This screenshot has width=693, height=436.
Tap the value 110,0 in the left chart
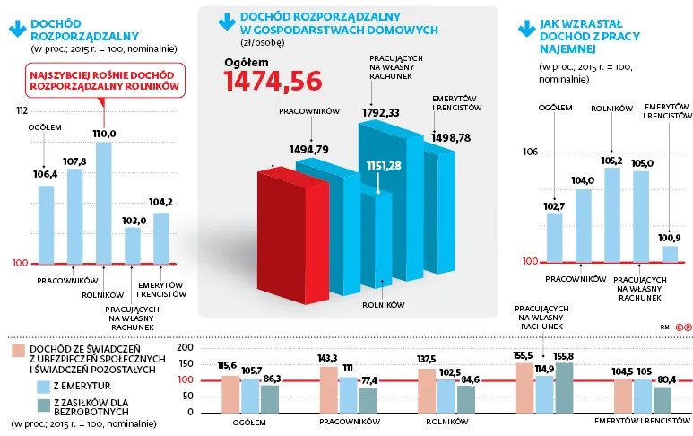tap(104, 134)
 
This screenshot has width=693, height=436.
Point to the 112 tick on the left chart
tap(22, 111)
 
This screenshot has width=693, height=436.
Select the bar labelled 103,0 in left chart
tap(132, 245)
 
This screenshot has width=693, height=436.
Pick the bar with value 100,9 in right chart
tap(670, 253)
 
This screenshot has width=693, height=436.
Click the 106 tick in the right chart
tap(530, 153)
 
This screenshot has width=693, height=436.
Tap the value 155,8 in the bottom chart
tap(564, 356)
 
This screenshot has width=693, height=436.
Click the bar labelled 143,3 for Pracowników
tap(328, 389)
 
